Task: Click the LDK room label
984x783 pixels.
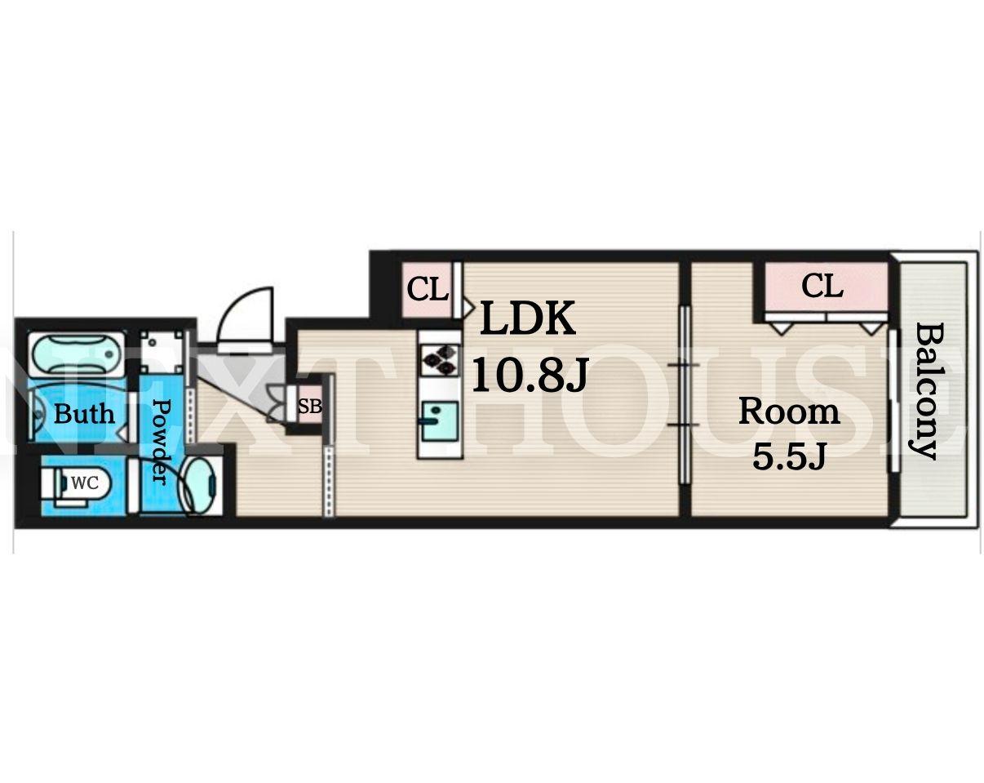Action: coord(528,318)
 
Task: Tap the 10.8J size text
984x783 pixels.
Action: coord(529,376)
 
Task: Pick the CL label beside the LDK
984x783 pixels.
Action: coord(428,288)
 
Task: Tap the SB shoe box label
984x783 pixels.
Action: coord(309,406)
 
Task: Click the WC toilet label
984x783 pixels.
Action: coord(85,483)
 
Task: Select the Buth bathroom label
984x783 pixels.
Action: coord(84,413)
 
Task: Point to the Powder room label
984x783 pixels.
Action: coord(161,441)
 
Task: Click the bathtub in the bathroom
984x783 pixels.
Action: coord(76,354)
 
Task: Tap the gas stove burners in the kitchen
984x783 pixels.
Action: coord(440,360)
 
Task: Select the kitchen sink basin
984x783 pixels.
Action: coord(440,421)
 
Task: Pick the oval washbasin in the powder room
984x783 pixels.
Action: coord(201,485)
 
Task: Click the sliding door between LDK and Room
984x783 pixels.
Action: coord(685,394)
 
